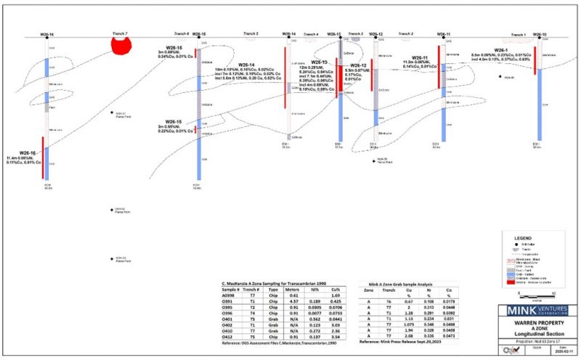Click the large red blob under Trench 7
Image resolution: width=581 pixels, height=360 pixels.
pos(122,46)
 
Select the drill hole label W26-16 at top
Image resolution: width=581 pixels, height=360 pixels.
pos(46,34)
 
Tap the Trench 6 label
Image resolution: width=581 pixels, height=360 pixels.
pos(181,34)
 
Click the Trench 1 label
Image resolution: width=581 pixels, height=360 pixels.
pos(518,34)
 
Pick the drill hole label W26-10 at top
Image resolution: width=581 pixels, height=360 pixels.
pos(540,34)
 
